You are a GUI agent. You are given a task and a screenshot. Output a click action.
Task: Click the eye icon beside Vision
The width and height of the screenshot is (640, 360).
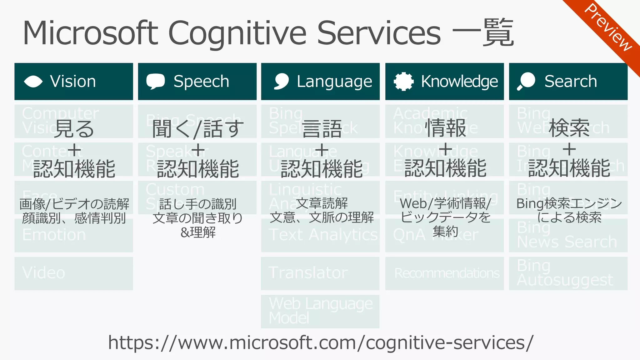33,82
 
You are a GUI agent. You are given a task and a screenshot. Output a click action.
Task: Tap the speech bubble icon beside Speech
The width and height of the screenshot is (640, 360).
155,81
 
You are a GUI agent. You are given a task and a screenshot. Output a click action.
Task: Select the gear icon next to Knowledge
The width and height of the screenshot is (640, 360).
403,82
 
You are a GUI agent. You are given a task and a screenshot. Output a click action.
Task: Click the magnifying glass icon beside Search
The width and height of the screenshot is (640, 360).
526,81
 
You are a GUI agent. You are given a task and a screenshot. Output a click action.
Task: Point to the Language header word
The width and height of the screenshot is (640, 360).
334,82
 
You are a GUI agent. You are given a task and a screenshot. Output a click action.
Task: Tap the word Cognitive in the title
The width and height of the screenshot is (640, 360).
237,33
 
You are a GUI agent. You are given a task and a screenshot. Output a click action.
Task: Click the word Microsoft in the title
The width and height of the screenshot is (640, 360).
91,33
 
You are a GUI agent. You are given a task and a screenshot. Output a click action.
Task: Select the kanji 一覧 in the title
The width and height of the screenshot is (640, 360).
483,32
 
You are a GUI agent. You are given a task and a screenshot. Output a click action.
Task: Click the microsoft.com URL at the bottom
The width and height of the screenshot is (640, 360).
321,343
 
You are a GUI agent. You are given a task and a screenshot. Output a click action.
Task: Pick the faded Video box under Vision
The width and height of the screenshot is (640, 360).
74,273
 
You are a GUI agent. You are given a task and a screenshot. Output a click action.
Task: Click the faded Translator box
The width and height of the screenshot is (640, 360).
320,273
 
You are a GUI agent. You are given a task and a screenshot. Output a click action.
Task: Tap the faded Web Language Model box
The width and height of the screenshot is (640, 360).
320,311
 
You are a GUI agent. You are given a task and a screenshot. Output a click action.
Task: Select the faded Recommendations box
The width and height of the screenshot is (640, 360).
444,273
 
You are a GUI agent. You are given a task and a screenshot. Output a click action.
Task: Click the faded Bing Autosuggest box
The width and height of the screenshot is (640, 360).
568,273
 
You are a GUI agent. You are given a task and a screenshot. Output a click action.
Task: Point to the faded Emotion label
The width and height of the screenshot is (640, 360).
54,235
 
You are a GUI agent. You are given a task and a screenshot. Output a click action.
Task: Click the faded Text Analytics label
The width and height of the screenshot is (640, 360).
323,235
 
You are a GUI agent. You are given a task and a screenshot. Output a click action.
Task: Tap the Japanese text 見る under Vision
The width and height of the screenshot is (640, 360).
74,128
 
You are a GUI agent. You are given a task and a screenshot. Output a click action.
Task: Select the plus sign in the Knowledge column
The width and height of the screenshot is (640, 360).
445,149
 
